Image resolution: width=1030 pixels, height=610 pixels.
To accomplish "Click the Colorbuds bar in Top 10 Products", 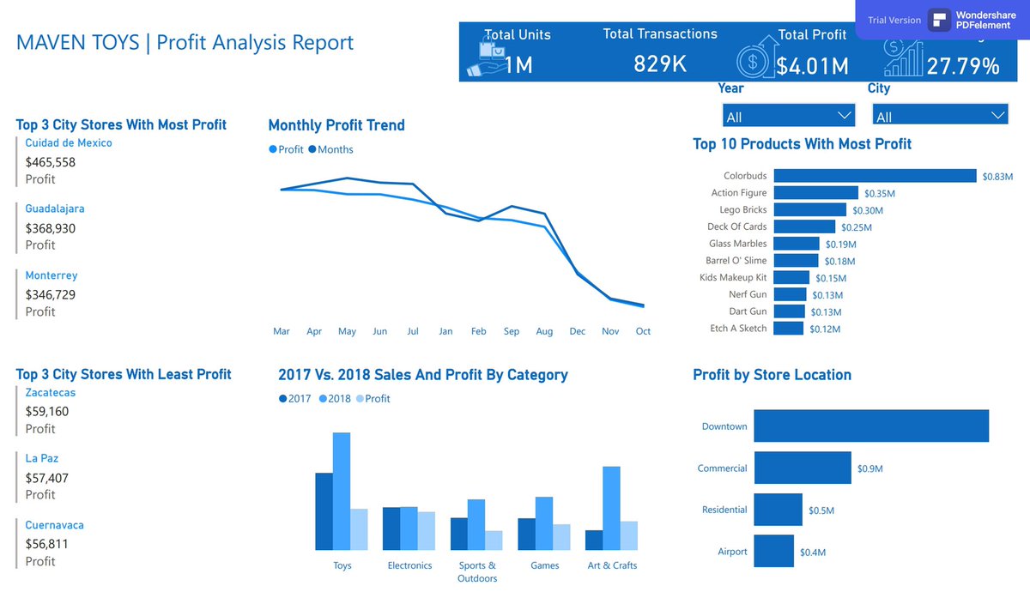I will tap(875, 176).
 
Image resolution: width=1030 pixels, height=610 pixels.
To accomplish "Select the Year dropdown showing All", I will tap(789, 116).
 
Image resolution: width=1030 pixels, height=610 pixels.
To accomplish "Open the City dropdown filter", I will tap(939, 116).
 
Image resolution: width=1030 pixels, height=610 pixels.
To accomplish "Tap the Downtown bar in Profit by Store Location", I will tap(871, 426).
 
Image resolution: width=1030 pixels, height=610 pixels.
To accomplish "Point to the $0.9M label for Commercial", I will tap(869, 469).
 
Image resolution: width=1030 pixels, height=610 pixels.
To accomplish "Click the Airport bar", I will tap(773, 552).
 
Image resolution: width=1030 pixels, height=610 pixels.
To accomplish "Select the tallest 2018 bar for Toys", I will tap(342, 491).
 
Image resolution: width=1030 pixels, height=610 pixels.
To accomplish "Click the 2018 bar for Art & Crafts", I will tap(611, 508).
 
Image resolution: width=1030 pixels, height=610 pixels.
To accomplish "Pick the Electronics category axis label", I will tap(409, 566).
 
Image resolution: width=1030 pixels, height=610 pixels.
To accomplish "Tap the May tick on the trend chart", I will tap(347, 331).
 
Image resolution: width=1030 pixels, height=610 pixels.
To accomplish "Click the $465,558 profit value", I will tap(51, 161).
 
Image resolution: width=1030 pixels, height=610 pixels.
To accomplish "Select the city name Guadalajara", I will tap(55, 208).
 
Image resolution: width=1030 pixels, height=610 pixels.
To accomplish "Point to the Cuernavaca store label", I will tap(55, 525).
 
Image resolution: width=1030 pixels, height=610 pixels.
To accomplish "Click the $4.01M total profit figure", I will tap(812, 66).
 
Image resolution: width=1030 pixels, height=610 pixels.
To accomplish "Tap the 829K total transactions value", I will tap(660, 63).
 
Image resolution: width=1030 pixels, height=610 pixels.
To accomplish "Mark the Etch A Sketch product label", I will tap(738, 329).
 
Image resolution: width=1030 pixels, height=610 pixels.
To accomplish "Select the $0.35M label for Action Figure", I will tap(879, 194).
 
